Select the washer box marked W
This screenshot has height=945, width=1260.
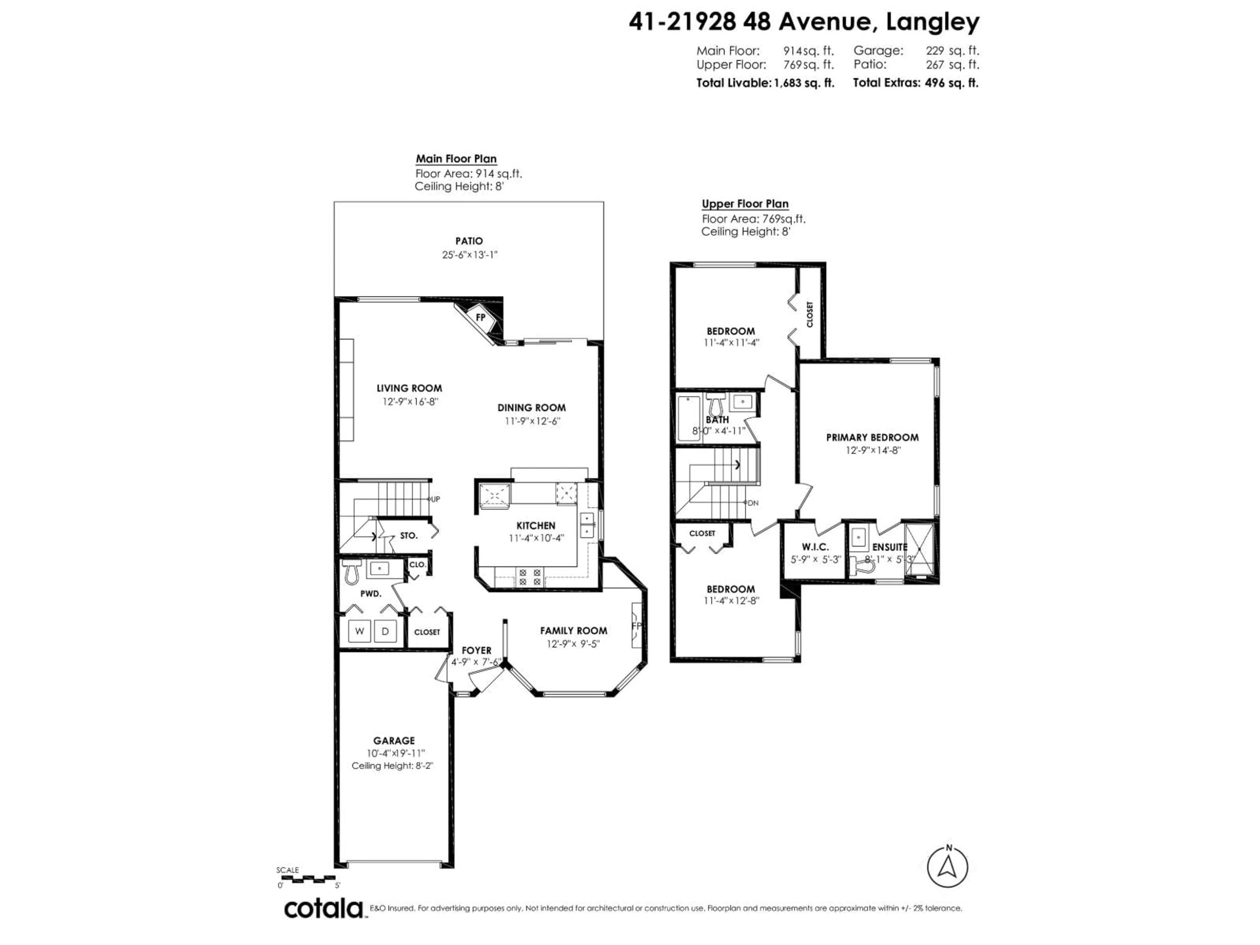click(x=359, y=631)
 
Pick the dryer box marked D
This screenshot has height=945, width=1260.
click(x=385, y=631)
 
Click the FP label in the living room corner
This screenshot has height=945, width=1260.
click(x=480, y=317)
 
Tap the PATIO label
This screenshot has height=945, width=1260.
click(x=469, y=241)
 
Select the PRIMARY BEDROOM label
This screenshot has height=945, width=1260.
click(x=872, y=437)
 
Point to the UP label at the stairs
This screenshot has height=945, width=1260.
click(x=435, y=499)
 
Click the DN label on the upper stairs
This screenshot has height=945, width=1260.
click(x=752, y=503)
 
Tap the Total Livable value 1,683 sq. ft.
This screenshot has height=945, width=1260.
click(x=804, y=83)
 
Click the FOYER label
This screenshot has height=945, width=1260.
click(x=476, y=650)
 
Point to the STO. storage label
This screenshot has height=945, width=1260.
click(x=409, y=535)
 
